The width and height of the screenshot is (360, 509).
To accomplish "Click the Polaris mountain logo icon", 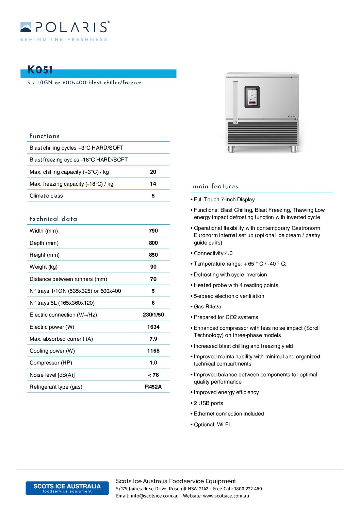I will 26,27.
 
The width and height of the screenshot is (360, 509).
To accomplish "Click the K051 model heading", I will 40,70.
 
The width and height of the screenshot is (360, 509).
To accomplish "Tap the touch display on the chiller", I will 252,97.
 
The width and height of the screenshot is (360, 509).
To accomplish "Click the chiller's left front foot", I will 231,149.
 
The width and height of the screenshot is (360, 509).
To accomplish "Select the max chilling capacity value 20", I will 153,172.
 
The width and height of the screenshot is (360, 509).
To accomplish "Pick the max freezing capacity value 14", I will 153,184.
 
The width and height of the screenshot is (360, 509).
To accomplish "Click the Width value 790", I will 153,231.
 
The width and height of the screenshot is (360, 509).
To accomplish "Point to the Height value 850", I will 153,255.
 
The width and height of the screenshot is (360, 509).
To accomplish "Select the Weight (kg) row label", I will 44,267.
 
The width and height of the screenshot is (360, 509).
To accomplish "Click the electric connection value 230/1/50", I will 153,315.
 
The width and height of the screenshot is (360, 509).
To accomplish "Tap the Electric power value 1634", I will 153,327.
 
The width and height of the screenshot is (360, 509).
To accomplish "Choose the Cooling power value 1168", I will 153,351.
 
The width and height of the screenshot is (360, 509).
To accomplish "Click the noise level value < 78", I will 153,375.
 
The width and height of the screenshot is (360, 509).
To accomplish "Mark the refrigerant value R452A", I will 153,387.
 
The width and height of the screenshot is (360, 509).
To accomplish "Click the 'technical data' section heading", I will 53,219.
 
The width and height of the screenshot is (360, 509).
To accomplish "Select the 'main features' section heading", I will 215,186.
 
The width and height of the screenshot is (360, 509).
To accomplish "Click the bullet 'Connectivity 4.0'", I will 213,253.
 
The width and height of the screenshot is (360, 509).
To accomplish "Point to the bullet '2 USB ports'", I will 208,403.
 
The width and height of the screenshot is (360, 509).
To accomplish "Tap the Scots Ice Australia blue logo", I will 67,488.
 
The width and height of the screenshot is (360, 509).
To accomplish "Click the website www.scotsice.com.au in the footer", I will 226,496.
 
